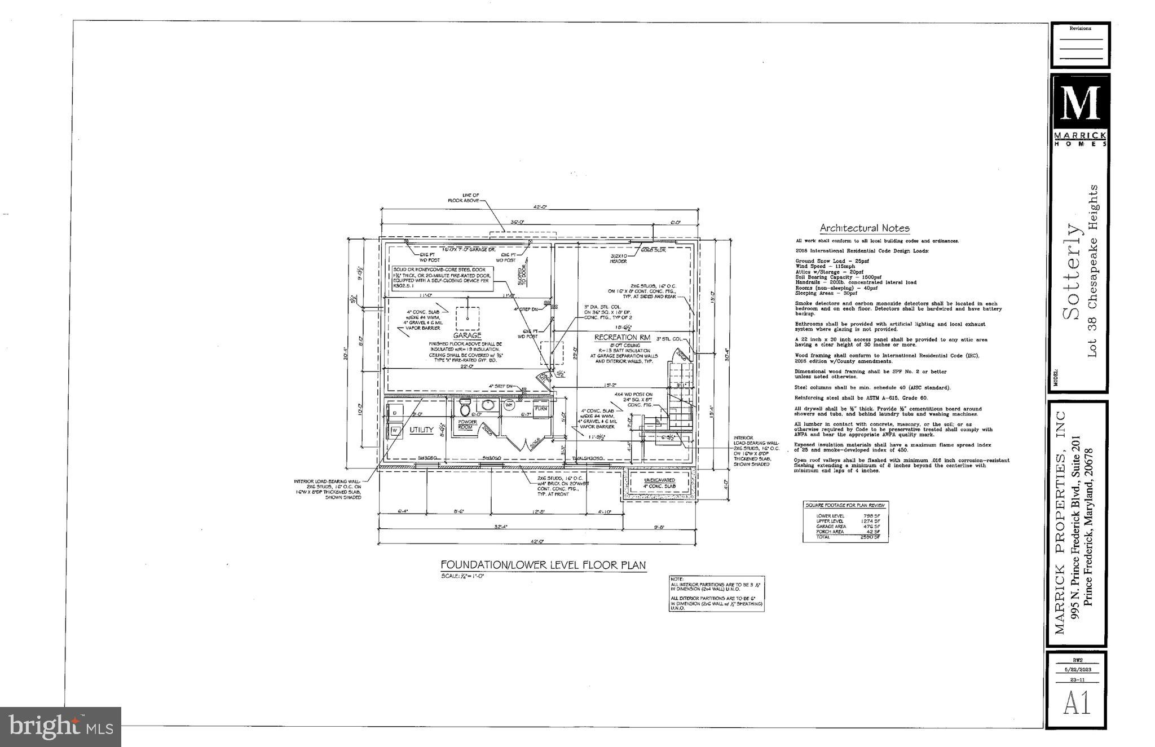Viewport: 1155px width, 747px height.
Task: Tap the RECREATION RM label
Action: click(x=622, y=338)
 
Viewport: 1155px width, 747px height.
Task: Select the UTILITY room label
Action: click(x=421, y=430)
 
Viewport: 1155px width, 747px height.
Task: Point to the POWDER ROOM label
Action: click(x=468, y=425)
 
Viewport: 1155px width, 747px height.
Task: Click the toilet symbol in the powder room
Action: click(x=465, y=408)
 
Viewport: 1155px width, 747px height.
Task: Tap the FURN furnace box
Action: click(x=541, y=409)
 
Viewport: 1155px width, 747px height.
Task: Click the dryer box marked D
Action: click(x=395, y=413)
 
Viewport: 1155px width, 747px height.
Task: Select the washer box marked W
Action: click(x=395, y=431)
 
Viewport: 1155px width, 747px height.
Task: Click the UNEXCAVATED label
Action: click(x=659, y=480)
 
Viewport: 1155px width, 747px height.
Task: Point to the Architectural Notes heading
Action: click(x=864, y=228)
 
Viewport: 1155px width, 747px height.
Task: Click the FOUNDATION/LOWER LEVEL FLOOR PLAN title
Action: click(x=543, y=565)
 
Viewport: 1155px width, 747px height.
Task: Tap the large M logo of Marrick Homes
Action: click(x=1079, y=103)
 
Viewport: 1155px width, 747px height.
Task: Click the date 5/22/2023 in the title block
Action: click(x=1078, y=670)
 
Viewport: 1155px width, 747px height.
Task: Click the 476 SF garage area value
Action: click(x=872, y=527)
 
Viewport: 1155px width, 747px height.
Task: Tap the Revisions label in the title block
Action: click(x=1080, y=28)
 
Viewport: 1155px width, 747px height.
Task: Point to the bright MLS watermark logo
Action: click(x=60, y=726)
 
